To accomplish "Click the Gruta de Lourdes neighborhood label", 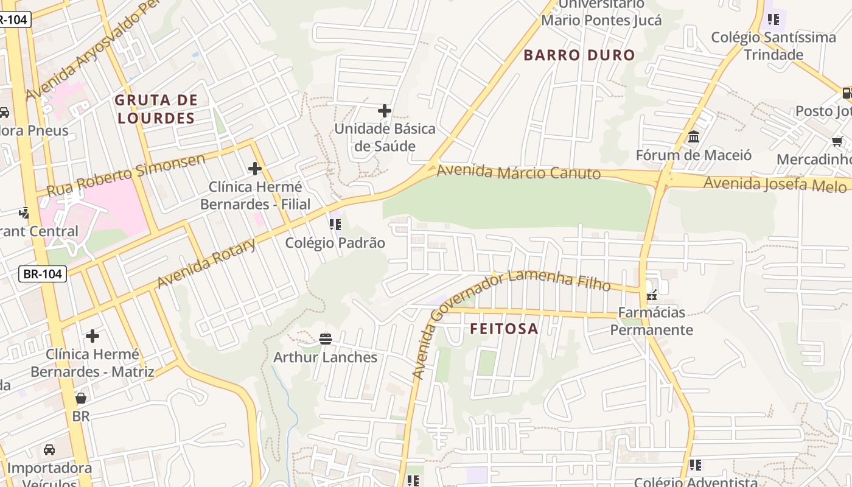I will [156, 109].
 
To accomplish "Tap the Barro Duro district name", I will [579, 55].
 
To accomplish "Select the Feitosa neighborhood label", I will [504, 329].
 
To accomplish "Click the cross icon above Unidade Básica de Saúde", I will [385, 111].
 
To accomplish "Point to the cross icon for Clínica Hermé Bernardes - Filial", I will [255, 169].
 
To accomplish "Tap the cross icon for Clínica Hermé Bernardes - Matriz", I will [93, 336].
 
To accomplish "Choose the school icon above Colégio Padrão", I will [335, 225].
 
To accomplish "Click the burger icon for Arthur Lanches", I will [326, 338].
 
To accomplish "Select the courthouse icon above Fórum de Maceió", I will [694, 137].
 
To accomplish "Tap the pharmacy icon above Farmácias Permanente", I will [652, 295].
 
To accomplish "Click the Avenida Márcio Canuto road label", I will [519, 172].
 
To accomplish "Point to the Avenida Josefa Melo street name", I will [775, 183].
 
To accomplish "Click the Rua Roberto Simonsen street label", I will [126, 175].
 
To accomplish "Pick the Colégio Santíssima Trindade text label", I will [773, 46].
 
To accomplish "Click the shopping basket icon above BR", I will [81, 398].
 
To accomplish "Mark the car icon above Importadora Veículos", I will [49, 450].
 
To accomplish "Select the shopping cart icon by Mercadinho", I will [837, 142].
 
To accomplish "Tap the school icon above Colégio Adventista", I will [696, 465].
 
